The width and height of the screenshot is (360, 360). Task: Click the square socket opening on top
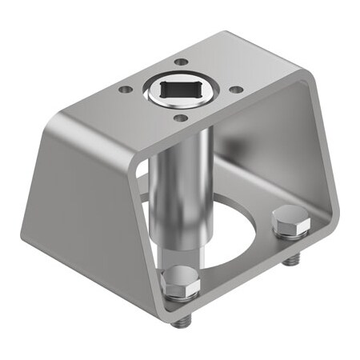(179, 90)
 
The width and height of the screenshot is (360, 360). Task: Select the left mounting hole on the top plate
(125, 90)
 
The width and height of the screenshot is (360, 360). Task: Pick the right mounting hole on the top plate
(238, 90)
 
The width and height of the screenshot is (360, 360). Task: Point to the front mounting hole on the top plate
(182, 118)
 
